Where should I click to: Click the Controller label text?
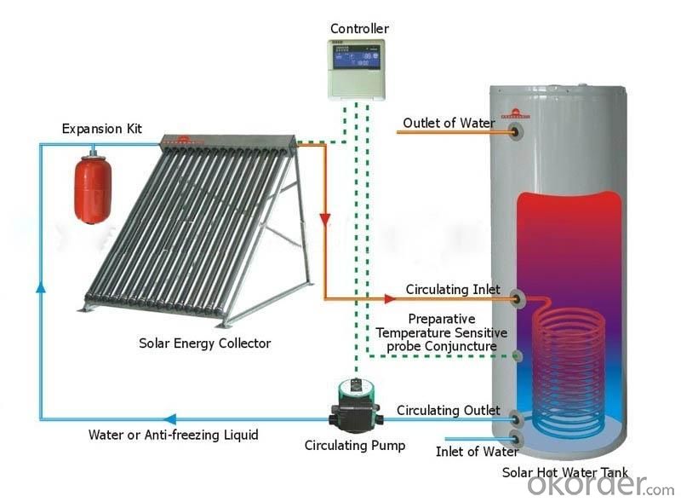[359, 29]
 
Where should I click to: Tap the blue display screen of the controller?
[356, 60]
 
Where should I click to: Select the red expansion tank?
[93, 186]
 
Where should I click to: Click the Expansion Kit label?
[101, 129]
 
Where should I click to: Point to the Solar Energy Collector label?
[204, 343]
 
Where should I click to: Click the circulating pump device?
[356, 405]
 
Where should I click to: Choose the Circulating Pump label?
[355, 446]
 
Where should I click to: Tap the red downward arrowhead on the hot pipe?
[325, 219]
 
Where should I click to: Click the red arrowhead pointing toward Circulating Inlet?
[390, 299]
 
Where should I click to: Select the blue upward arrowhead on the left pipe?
[41, 286]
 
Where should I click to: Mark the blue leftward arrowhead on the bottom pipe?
[169, 419]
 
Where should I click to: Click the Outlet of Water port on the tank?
[517, 131]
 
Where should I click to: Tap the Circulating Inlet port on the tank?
[517, 299]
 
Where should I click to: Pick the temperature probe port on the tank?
[517, 356]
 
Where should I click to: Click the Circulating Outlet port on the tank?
[516, 419]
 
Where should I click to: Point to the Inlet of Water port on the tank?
[517, 438]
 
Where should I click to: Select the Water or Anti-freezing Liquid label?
[174, 435]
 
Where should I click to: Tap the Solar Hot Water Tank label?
[565, 472]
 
